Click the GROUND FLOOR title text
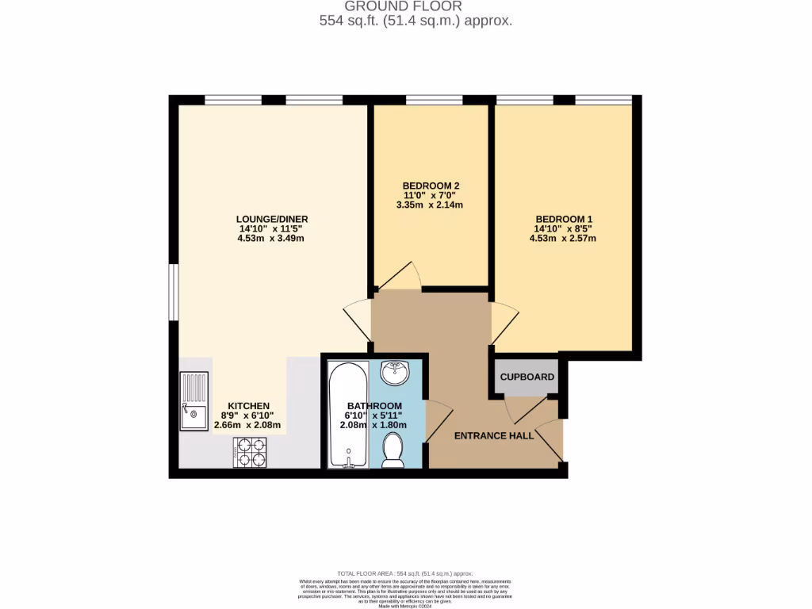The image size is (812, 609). tap(416, 6)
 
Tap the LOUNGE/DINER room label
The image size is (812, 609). tap(271, 219)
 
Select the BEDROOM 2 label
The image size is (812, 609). tap(431, 186)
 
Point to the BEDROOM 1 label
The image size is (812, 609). tap(563, 219)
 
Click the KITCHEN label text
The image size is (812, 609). tap(249, 405)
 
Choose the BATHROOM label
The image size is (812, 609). tap(373, 405)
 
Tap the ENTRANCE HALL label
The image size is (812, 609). tap(493, 436)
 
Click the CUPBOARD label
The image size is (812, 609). tap(527, 377)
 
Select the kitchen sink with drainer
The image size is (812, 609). tap(193, 400)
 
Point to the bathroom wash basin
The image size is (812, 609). tap(394, 371)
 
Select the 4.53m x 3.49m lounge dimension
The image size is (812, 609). tap(271, 238)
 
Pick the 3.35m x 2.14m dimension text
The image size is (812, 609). tap(431, 205)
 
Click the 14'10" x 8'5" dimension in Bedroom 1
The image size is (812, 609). tap(563, 228)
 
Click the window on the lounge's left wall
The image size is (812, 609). tap(174, 293)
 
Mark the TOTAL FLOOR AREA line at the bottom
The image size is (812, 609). tap(405, 573)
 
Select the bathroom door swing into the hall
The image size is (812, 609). tap(438, 421)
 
